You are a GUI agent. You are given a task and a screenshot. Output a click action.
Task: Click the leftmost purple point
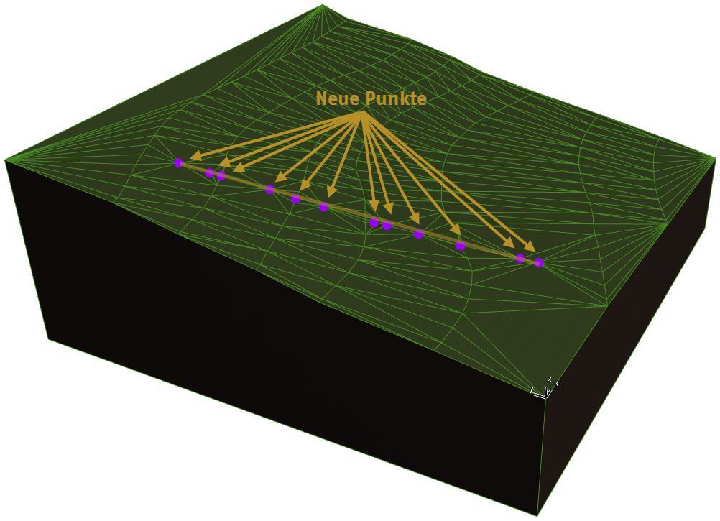(x=179, y=162)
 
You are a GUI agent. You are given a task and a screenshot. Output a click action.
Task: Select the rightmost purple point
(x=539, y=262)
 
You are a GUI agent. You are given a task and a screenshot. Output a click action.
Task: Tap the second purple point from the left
(x=209, y=173)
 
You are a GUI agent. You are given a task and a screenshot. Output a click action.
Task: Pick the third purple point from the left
(x=221, y=176)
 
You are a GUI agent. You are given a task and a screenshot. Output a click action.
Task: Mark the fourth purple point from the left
(x=270, y=190)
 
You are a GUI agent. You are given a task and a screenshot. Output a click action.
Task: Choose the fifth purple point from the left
(x=296, y=199)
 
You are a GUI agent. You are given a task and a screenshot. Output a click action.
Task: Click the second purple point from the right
(x=520, y=258)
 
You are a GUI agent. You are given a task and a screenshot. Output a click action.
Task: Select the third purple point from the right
(x=461, y=246)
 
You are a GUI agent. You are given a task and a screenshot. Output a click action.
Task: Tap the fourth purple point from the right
(x=418, y=234)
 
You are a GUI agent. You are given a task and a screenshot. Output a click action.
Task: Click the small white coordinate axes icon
(x=544, y=388)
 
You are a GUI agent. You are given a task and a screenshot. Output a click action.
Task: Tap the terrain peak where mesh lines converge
(x=323, y=6)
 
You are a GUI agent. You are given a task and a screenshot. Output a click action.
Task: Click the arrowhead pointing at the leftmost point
(x=195, y=156)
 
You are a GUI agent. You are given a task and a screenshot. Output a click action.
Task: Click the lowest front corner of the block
(x=537, y=515)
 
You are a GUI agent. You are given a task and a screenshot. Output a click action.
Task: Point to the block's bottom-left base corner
(x=48, y=339)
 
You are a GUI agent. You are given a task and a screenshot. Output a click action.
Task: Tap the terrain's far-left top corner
(x=6, y=160)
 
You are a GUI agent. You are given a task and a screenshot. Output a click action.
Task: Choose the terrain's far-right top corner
(x=715, y=159)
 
